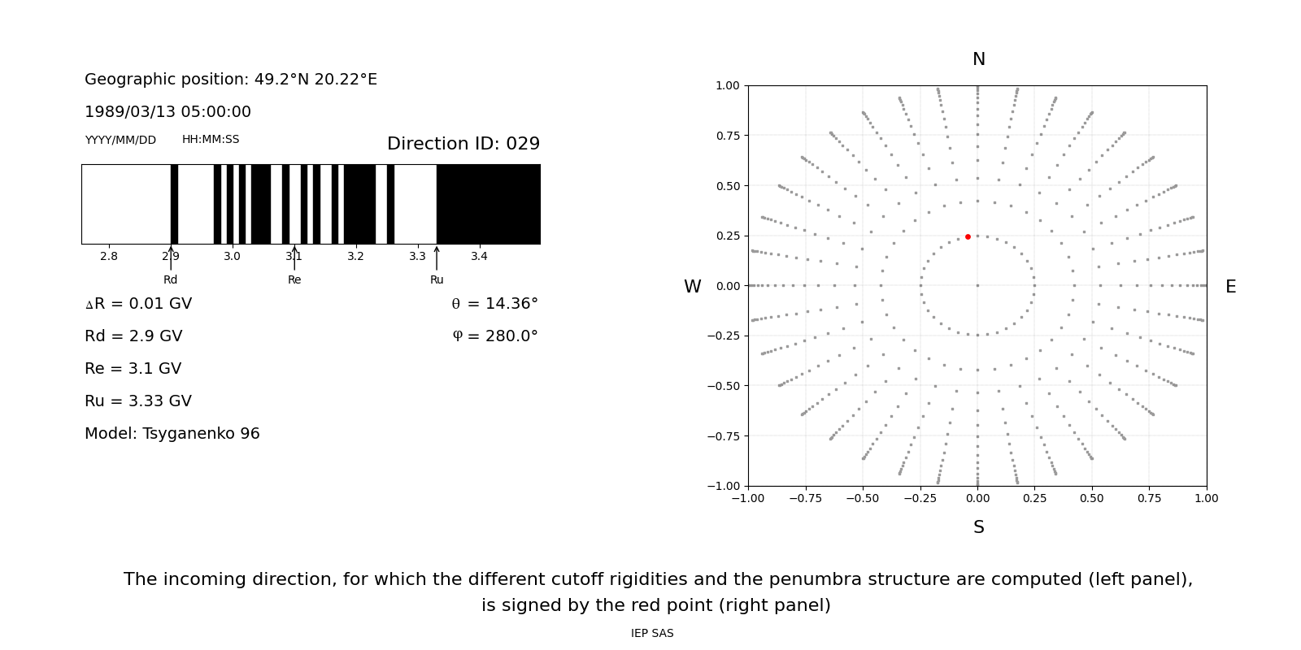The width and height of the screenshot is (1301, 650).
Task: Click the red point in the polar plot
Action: (x=968, y=236)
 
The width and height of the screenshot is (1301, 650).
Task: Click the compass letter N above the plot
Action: (x=978, y=59)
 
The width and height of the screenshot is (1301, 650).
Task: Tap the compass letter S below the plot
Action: (x=978, y=527)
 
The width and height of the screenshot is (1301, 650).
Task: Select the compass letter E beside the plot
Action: (x=1230, y=287)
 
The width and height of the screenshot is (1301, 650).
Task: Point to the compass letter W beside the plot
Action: (x=692, y=287)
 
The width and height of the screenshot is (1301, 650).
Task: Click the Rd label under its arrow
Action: (x=170, y=280)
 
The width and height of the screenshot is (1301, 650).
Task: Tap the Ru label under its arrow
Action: (x=437, y=280)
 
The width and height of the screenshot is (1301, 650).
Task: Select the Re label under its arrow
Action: (x=294, y=280)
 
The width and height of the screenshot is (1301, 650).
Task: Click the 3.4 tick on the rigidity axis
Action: (x=479, y=257)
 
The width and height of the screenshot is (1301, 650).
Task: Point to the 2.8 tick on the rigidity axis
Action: (x=109, y=257)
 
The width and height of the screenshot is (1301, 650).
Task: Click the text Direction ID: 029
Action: (x=463, y=144)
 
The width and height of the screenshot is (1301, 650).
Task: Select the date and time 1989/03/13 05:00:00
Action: (x=168, y=112)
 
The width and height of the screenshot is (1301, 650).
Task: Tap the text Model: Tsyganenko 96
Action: (x=172, y=434)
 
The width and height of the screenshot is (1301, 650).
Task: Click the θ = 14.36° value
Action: (x=494, y=304)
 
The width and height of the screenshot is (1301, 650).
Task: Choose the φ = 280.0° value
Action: (x=494, y=336)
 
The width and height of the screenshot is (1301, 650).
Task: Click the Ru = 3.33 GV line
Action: (x=138, y=401)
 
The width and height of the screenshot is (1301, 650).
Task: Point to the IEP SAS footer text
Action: (x=652, y=634)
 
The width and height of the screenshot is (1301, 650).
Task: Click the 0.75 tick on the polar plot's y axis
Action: (x=727, y=136)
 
